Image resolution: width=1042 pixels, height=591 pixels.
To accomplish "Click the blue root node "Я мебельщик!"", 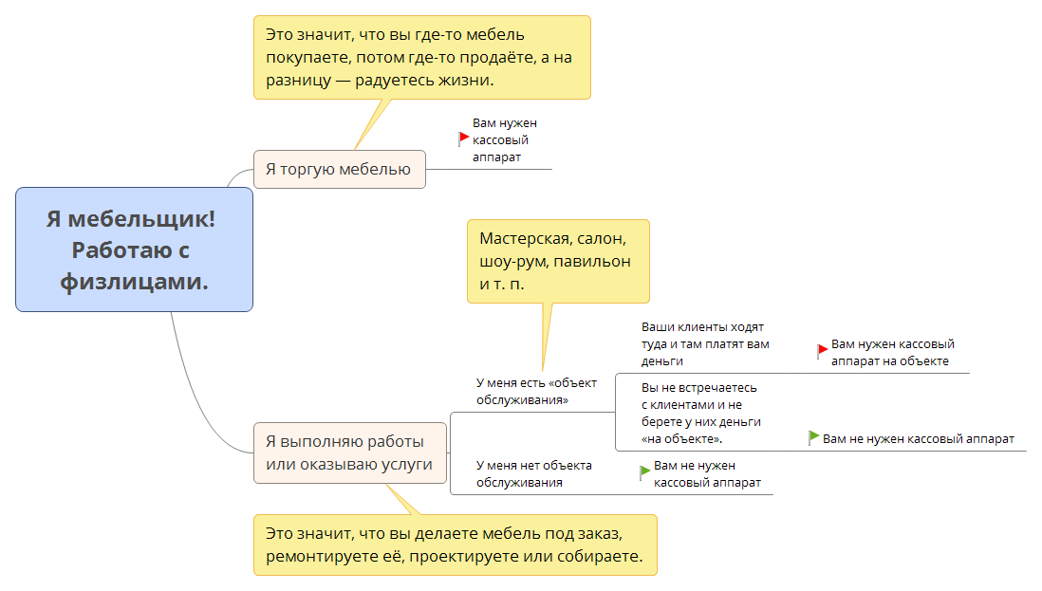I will click(x=134, y=249).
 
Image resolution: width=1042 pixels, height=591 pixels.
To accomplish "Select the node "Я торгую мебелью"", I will click(x=339, y=169).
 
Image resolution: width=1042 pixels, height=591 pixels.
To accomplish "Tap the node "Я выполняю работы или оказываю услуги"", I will click(x=349, y=452).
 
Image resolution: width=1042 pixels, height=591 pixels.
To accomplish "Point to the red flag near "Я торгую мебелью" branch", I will click(x=464, y=139).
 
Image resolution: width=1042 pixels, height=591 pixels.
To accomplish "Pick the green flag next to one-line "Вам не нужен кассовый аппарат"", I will click(x=813, y=437).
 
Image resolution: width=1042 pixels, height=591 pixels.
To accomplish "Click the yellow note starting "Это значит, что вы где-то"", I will click(x=421, y=57).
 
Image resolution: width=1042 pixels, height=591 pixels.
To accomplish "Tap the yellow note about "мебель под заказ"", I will click(x=455, y=545).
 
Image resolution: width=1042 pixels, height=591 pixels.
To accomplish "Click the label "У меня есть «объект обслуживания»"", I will click(x=536, y=391).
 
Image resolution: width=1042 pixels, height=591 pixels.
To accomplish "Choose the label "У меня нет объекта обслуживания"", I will click(x=533, y=473).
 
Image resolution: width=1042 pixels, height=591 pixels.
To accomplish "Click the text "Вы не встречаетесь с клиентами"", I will click(x=699, y=413).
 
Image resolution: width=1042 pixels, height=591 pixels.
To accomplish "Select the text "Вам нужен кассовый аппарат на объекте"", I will click(x=892, y=352).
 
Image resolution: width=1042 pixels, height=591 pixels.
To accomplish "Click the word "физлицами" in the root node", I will click(x=134, y=281).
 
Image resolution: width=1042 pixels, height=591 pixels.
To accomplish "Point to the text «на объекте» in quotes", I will click(x=682, y=439).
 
